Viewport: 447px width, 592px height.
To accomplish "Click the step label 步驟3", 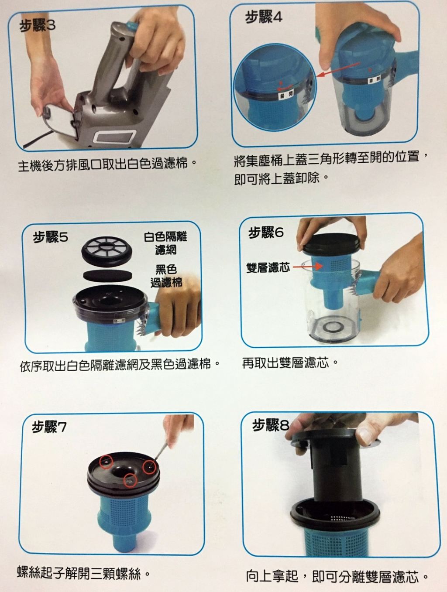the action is tap(37, 26).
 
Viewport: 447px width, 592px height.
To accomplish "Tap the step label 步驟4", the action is tap(264, 17).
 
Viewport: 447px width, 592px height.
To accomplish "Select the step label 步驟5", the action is tap(51, 237).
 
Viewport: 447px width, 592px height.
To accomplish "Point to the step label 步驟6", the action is tap(266, 233).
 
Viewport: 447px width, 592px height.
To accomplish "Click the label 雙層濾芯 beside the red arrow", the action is tap(268, 267).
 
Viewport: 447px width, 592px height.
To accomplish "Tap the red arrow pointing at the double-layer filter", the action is tap(308, 267).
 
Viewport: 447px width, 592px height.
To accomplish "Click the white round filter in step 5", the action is tap(107, 250).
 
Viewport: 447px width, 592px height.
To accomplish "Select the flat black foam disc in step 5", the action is tap(107, 275).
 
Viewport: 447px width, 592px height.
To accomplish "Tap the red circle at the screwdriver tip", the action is tap(149, 466).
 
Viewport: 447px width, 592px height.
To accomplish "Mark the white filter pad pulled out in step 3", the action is tap(60, 123).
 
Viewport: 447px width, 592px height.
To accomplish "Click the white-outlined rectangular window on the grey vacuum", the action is tap(114, 136).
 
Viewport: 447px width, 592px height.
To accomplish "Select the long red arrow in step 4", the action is tap(338, 70).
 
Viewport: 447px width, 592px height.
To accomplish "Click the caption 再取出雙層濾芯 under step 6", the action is tap(285, 363).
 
